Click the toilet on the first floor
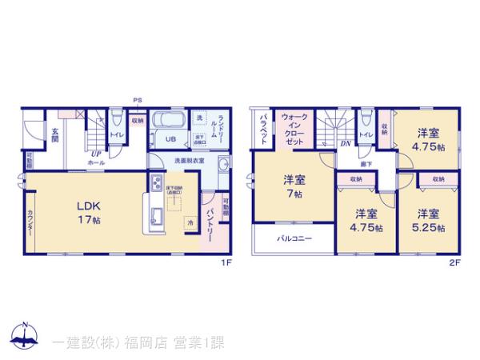(x=117, y=121)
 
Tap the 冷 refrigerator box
(x=190, y=222)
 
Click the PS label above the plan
(x=137, y=99)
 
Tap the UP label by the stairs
(x=94, y=154)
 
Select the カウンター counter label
(x=30, y=218)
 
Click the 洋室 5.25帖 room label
(x=429, y=219)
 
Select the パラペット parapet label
(x=263, y=129)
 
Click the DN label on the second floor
(x=346, y=144)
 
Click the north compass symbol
(x=26, y=337)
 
